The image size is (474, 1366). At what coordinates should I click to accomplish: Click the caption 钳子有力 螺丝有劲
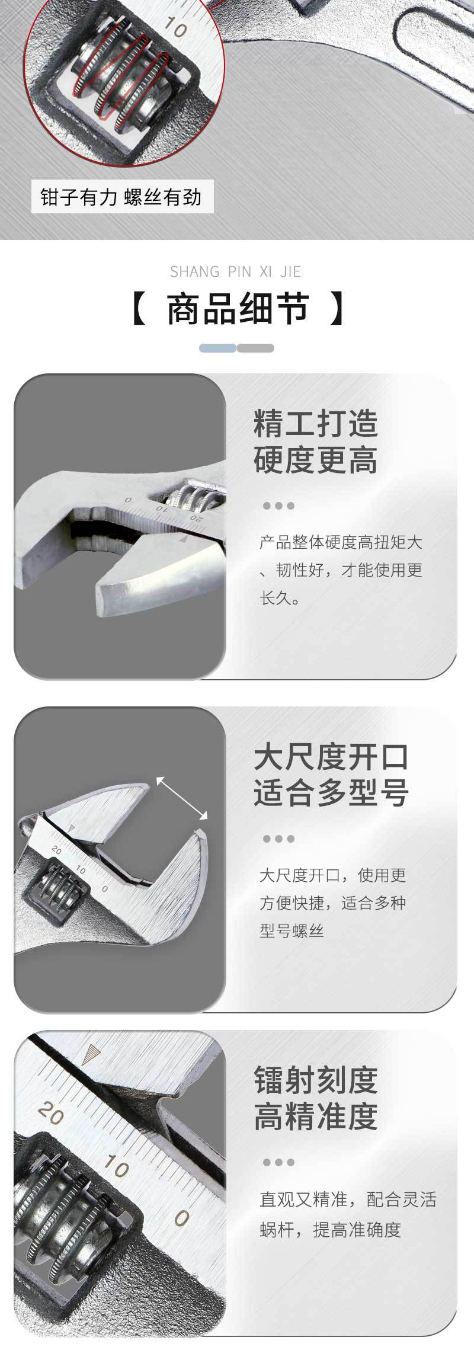(121, 197)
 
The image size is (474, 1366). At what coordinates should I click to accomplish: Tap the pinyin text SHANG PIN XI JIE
(236, 272)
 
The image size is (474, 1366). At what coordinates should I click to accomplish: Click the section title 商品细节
(238, 309)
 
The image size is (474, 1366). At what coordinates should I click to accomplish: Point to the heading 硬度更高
(316, 460)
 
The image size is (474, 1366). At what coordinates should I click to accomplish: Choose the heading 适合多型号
(331, 793)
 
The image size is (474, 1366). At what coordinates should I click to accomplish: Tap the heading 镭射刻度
(316, 1080)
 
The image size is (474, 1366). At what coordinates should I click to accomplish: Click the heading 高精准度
(316, 1117)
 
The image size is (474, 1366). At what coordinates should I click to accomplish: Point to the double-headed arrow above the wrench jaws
(182, 798)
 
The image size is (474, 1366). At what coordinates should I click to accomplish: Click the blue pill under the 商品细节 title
(217, 348)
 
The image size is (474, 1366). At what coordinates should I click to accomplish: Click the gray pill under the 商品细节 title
(255, 348)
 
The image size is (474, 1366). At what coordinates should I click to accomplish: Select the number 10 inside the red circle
(176, 27)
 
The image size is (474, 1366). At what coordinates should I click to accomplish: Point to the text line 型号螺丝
(292, 931)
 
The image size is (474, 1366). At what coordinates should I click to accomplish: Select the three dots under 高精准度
(278, 1163)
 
